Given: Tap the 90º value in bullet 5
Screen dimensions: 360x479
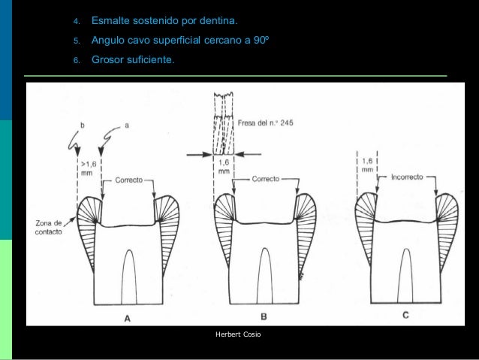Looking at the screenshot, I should coord(260,40).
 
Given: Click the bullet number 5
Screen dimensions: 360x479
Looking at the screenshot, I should coord(76,40).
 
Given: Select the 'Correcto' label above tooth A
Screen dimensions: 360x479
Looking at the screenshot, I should coord(130,180).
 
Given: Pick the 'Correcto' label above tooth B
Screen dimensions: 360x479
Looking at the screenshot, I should coord(266,180).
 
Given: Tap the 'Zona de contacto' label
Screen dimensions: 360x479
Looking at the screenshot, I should coord(47,227).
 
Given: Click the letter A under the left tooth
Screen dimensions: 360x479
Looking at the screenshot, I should coord(127,316).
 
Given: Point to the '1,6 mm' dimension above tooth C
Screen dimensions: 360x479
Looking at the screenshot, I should coord(367,165).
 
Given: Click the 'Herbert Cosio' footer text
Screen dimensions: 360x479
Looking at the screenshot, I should coord(238,333).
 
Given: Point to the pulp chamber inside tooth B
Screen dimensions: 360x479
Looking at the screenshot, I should coord(264,274).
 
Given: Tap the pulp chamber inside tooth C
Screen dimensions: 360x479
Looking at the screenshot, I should coord(406,274).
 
